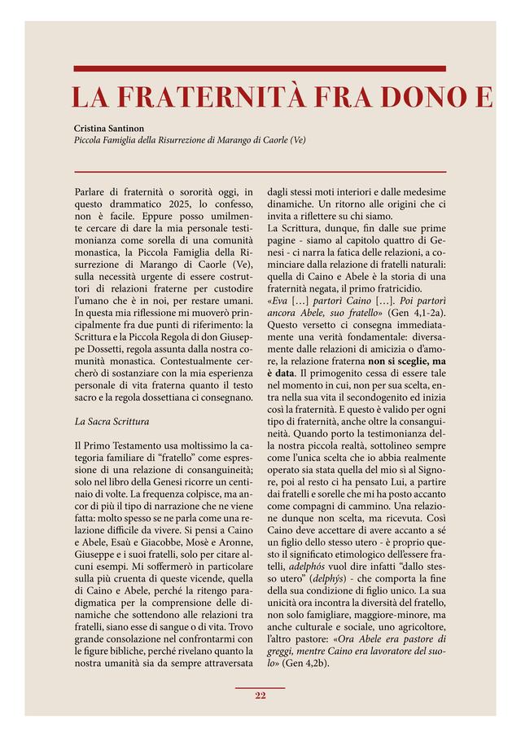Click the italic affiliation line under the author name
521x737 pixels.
[190, 140]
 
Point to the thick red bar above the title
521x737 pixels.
[260, 68]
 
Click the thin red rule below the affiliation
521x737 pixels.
[260, 172]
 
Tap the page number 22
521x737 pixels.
[260, 695]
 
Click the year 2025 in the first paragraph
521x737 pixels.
[177, 204]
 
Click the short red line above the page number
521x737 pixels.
[260, 686]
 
